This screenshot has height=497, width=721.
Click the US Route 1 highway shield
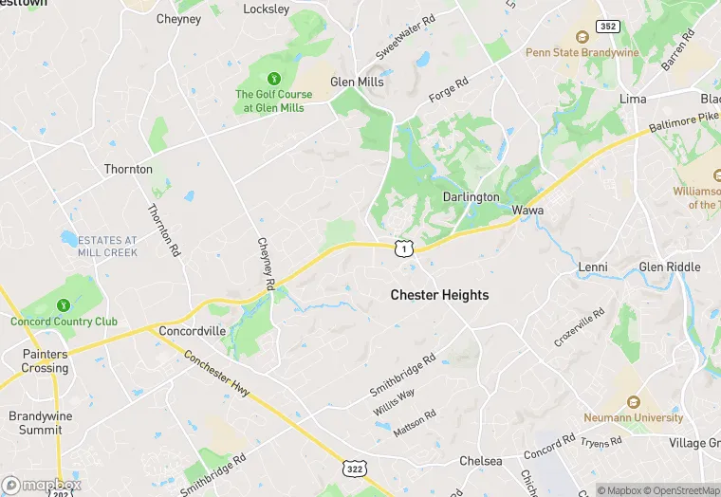405,248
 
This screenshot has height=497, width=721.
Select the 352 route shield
608,27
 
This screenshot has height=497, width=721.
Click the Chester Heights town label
439,295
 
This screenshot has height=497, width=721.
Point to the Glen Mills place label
357,83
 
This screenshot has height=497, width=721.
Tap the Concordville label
193,331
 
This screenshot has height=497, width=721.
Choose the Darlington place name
471,197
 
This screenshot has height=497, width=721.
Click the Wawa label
527,210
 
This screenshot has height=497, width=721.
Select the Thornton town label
128,170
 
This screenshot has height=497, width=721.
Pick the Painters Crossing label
45,361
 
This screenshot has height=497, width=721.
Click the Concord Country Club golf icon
64,305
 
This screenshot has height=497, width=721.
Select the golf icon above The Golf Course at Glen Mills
273,79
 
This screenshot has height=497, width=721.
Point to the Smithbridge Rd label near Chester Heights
402,376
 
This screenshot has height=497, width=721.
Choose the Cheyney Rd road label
267,264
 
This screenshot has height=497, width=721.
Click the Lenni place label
593,267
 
